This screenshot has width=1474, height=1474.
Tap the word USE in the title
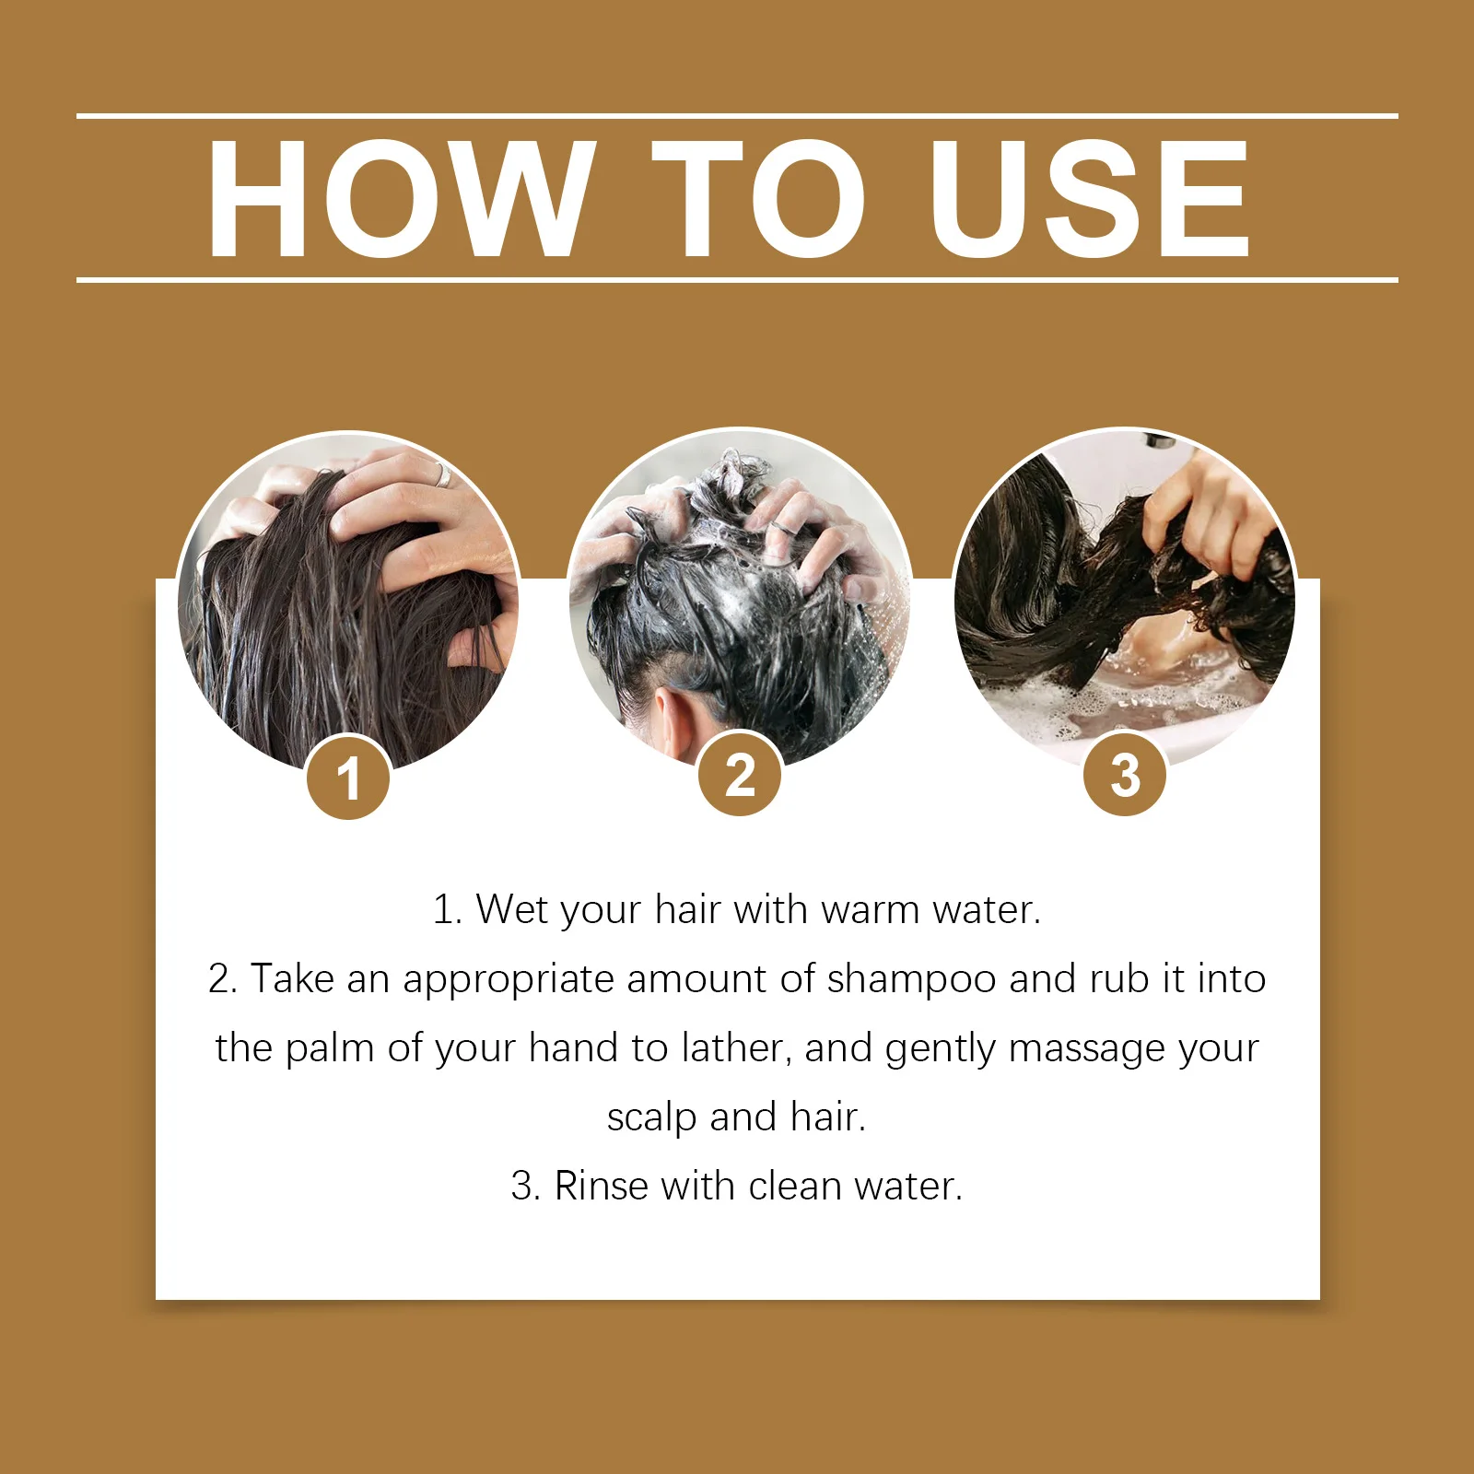tap(1090, 198)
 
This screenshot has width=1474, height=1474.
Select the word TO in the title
tap(758, 198)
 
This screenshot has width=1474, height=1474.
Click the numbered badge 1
tap(348, 778)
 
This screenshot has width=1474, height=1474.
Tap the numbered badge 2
tap(740, 774)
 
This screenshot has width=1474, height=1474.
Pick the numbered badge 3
tap(1125, 774)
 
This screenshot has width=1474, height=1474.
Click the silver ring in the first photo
tap(443, 475)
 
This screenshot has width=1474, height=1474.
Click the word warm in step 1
tap(870, 910)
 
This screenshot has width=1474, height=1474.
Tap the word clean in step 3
tap(795, 1186)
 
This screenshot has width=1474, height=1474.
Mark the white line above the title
tap(737, 116)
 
